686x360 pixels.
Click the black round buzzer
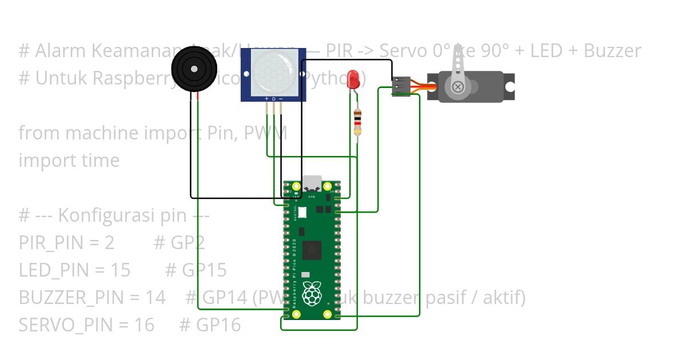(x=194, y=69)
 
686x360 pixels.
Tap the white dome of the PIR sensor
(x=273, y=73)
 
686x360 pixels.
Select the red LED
(x=353, y=79)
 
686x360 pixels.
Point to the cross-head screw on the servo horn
(x=457, y=87)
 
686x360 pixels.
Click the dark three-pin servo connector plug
(x=401, y=86)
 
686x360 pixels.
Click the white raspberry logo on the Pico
(x=312, y=293)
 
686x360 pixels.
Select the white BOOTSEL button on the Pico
(x=302, y=212)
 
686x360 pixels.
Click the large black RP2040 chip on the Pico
(x=312, y=250)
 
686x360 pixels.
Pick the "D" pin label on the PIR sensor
(x=273, y=99)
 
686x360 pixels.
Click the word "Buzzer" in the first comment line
(x=612, y=51)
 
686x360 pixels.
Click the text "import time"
(x=69, y=161)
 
